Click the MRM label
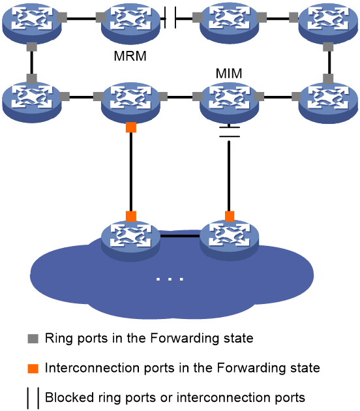pyautogui.click(x=130, y=56)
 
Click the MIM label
pyautogui.click(x=229, y=73)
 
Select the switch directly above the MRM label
pyautogui.click(x=130, y=22)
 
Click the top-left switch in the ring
pyautogui.click(x=32, y=22)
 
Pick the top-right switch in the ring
pyautogui.click(x=328, y=22)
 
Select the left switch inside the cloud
pyautogui.click(x=130, y=240)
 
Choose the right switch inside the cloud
pyautogui.click(x=230, y=240)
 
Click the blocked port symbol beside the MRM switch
pyautogui.click(x=170, y=18)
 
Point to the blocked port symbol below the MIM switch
pyautogui.click(x=230, y=132)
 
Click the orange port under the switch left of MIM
pyautogui.click(x=131, y=127)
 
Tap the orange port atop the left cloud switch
pyautogui.click(x=131, y=217)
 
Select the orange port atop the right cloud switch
pyautogui.click(x=230, y=217)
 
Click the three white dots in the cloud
pyautogui.click(x=170, y=279)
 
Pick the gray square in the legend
pyautogui.click(x=33, y=339)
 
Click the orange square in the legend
pyautogui.click(x=33, y=369)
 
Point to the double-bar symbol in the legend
pyautogui.click(x=33, y=399)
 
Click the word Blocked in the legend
pyautogui.click(x=69, y=397)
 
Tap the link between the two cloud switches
pyautogui.click(x=180, y=236)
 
